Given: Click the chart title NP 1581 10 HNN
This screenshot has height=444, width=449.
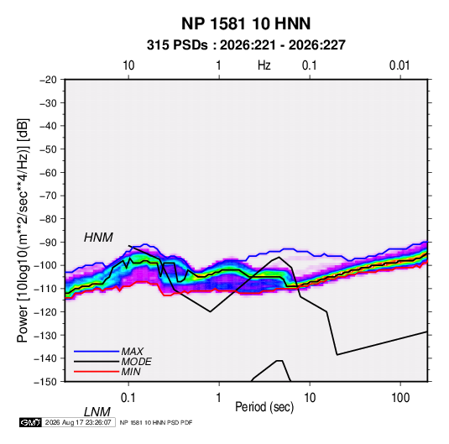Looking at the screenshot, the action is click(x=246, y=24).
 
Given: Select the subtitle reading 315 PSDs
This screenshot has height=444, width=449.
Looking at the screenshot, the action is click(x=177, y=45).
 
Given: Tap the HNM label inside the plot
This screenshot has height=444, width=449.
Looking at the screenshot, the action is click(x=98, y=238).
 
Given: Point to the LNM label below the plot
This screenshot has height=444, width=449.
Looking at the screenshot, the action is click(x=97, y=412).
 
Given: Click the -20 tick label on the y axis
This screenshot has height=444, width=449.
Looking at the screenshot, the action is click(x=48, y=80).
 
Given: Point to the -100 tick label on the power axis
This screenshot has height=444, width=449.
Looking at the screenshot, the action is click(x=45, y=265).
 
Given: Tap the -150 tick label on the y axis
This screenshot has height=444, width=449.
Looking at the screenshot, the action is click(x=45, y=382).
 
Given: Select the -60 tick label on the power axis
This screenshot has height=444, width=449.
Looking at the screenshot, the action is click(x=48, y=172).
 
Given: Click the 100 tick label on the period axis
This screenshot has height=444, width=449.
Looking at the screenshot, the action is click(x=399, y=398).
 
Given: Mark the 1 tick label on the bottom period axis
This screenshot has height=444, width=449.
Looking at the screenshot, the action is click(x=219, y=398).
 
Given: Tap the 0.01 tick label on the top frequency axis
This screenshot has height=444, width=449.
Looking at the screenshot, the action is click(x=399, y=65).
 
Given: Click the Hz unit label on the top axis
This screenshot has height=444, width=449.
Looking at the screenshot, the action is click(x=264, y=65).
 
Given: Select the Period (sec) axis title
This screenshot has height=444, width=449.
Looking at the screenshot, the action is click(x=264, y=407).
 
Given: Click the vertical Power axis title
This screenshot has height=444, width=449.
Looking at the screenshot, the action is click(x=23, y=231).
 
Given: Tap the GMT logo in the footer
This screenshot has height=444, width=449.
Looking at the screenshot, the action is click(x=30, y=422).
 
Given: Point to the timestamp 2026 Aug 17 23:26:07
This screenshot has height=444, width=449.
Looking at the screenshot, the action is click(x=78, y=422).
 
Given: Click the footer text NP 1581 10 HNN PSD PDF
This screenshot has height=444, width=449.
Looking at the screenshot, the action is click(x=156, y=422).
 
